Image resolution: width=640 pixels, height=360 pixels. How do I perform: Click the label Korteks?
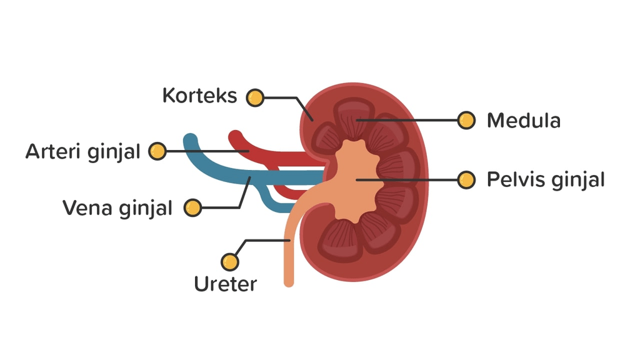199,96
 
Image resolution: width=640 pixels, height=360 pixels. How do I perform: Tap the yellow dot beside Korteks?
255,97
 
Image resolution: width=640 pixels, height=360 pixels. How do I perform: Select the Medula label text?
523,121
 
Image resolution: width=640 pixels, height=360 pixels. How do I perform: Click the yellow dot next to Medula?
466,121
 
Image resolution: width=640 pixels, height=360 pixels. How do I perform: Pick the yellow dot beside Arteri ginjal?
157,151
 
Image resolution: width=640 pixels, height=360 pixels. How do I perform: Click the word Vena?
87,208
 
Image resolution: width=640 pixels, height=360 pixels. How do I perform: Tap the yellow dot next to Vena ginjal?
193,207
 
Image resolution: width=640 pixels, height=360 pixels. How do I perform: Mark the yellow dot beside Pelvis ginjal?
466,180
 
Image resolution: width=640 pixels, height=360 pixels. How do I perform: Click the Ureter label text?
225,284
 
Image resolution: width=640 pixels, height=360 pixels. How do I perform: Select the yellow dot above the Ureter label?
231,261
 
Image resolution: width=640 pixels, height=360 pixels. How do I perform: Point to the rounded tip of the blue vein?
190,140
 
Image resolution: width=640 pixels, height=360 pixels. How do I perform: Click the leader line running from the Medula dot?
412,120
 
